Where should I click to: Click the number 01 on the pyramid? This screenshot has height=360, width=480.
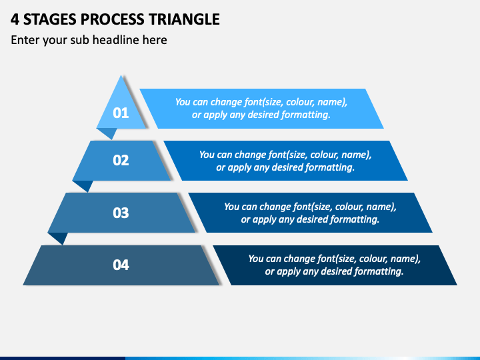pos(121,113)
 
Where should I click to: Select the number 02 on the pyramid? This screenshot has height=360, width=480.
pos(121,161)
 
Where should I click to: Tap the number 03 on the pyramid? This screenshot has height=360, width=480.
pos(121,213)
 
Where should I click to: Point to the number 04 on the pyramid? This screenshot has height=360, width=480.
pos(121,265)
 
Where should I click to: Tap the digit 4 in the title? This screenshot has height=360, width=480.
pos(15,19)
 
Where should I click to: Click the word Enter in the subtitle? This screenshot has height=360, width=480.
pos(25,40)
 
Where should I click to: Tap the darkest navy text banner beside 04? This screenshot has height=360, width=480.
pos(440,265)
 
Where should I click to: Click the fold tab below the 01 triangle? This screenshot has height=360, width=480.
pos(107,133)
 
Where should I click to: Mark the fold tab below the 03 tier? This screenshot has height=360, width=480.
pos(58,237)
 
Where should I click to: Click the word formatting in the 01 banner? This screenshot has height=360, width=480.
pos(307,115)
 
